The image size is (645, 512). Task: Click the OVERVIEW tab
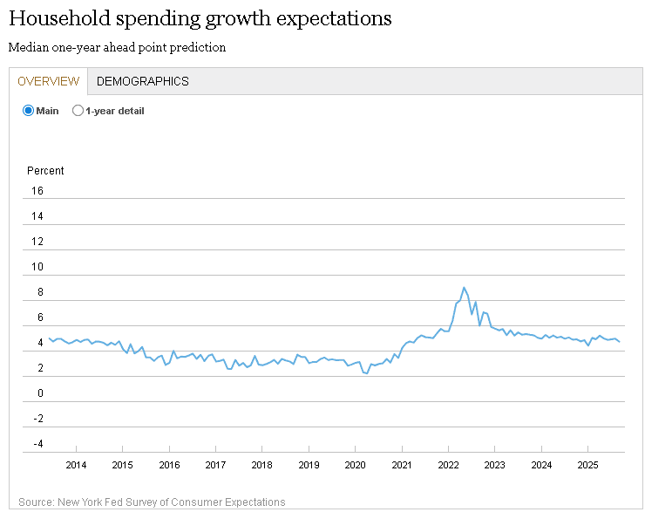(49, 81)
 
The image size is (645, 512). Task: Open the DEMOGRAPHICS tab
(142, 81)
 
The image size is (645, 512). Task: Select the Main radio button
(28, 111)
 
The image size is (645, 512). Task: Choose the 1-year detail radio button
(78, 111)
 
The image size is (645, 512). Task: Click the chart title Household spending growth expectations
(200, 18)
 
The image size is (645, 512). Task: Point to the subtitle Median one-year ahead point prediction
(117, 47)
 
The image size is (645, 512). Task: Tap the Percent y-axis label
(45, 171)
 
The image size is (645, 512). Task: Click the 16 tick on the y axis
(37, 191)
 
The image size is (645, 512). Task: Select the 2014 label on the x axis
(76, 464)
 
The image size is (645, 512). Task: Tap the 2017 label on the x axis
(215, 464)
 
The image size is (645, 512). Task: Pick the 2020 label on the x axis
(355, 464)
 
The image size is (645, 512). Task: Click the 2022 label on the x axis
(448, 464)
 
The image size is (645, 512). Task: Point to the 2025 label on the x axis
(587, 464)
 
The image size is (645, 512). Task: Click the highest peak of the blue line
(464, 287)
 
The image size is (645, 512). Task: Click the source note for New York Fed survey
(151, 502)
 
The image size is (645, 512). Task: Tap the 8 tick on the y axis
(39, 293)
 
